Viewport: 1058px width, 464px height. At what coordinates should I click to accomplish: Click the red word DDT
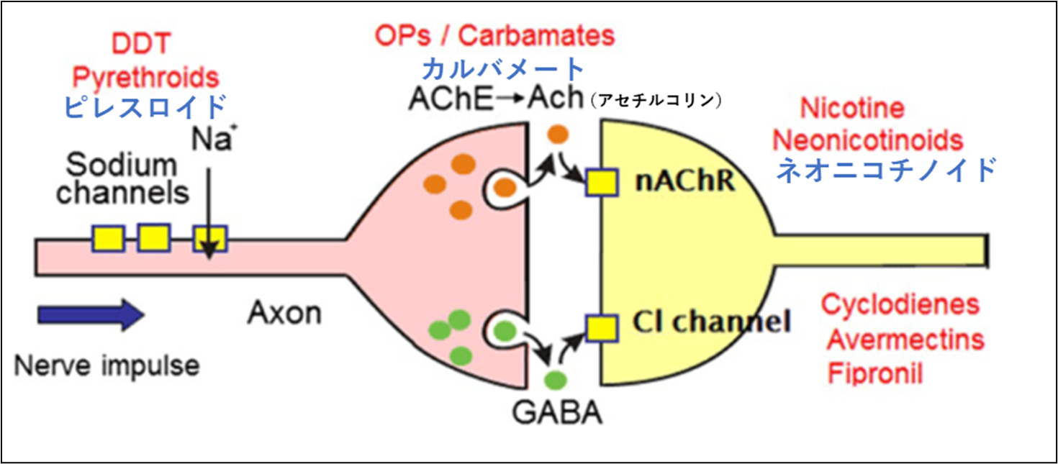(x=140, y=45)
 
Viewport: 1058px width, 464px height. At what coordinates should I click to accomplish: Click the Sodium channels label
(x=122, y=179)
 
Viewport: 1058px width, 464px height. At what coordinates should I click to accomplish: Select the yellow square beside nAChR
(x=601, y=182)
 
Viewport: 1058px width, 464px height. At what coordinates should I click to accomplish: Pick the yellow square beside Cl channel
(x=601, y=327)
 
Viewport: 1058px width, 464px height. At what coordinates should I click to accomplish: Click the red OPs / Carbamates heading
(x=495, y=35)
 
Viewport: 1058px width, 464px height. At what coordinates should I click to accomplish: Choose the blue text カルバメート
(x=503, y=70)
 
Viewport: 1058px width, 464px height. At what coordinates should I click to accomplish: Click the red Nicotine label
(x=852, y=109)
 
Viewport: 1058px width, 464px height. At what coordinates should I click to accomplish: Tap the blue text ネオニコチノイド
(x=887, y=171)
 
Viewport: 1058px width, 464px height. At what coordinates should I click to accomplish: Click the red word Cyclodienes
(x=900, y=304)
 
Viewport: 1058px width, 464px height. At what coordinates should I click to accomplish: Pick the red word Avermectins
(x=905, y=338)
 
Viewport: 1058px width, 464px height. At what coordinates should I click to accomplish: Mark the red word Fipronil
(x=874, y=373)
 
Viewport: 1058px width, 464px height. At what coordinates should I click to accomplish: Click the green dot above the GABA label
(x=555, y=380)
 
